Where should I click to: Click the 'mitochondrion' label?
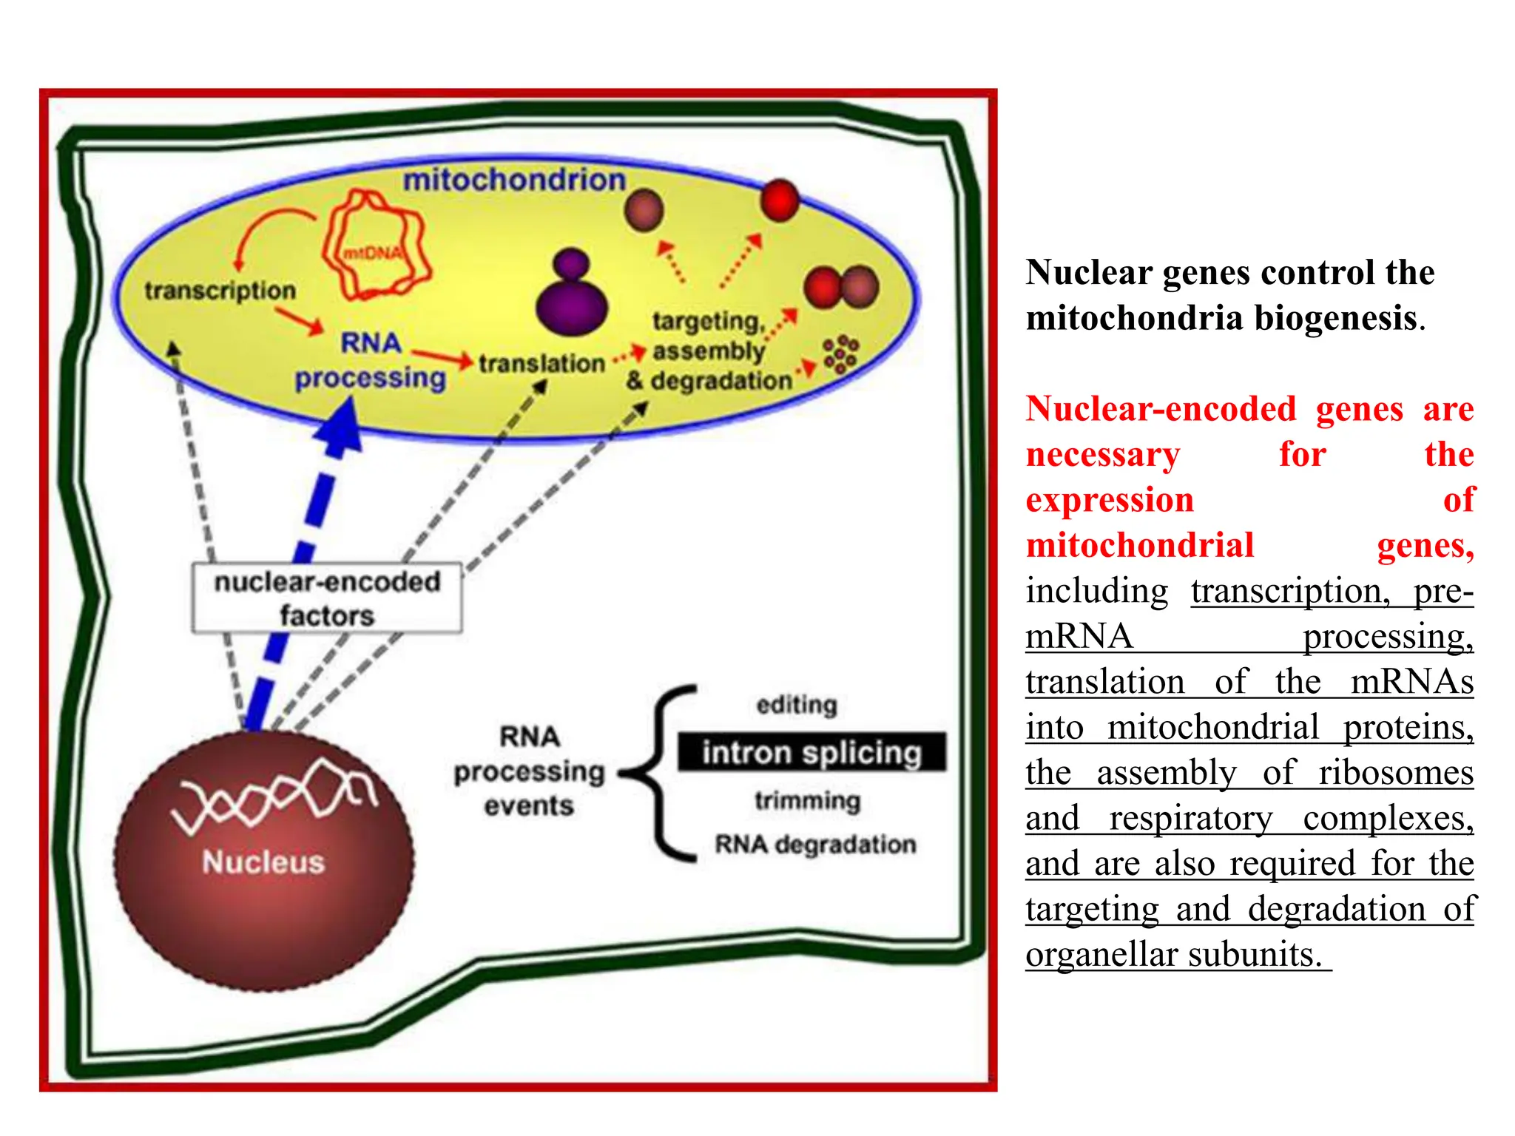tap(514, 180)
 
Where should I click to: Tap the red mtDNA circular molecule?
tap(376, 246)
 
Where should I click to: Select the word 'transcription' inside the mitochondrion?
tap(220, 291)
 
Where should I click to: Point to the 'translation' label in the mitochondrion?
tap(541, 363)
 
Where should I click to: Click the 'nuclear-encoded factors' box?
tap(327, 598)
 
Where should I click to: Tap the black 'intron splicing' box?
tap(812, 752)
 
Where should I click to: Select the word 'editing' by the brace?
tap(797, 704)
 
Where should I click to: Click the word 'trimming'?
tap(807, 800)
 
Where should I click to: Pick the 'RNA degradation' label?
tap(815, 844)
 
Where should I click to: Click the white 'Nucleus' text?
tap(263, 862)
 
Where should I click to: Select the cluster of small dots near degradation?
tap(840, 354)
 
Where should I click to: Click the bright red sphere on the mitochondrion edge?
tap(780, 200)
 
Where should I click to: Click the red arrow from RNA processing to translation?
tap(442, 358)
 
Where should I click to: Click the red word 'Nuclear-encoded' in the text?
tap(1161, 409)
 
